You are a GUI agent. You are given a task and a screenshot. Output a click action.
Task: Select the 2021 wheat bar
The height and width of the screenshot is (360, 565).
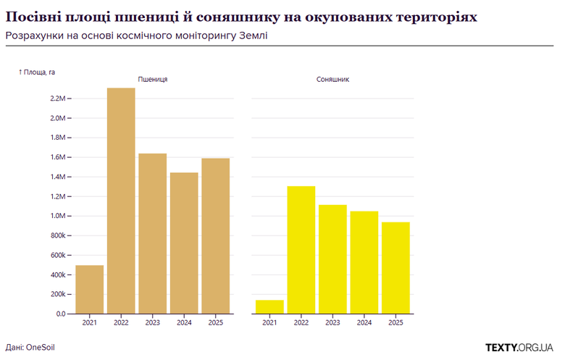tap(90, 289)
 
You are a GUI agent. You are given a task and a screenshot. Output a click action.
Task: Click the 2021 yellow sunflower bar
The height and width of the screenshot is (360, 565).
tap(269, 306)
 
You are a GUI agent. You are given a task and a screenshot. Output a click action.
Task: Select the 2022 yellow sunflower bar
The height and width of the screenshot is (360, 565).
tap(301, 250)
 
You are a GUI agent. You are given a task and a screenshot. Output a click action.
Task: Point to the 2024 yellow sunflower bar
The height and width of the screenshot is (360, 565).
tap(364, 262)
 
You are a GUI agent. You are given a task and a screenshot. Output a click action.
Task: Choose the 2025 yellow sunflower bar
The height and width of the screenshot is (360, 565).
tap(395, 267)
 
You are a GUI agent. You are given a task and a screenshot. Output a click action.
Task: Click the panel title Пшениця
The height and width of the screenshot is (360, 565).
tap(152, 78)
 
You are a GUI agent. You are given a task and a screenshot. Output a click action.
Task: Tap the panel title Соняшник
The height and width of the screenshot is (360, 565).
tap(332, 78)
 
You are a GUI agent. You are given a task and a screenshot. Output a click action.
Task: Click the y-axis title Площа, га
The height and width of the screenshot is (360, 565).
tap(37, 72)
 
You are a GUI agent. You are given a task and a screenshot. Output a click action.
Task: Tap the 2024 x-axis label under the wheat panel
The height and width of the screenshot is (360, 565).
tap(184, 323)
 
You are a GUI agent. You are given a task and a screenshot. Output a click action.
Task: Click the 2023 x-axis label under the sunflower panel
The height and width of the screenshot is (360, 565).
tap(332, 323)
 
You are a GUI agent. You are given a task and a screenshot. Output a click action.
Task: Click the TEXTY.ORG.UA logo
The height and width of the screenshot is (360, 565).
tap(519, 347)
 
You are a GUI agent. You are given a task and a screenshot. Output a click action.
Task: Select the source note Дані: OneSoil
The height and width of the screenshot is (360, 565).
tap(30, 348)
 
